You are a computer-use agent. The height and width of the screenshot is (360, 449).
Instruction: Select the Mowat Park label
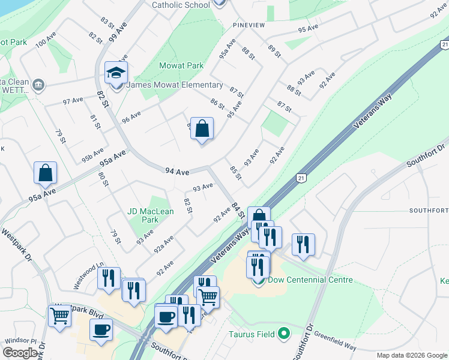pos(174,65)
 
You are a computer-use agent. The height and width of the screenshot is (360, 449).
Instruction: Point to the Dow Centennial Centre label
pos(310,280)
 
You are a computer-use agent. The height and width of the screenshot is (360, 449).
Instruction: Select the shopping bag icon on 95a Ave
pos(45,173)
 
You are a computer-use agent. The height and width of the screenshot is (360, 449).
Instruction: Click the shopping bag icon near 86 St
pos(202,128)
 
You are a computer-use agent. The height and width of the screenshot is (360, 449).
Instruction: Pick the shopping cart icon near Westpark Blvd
pos(59,316)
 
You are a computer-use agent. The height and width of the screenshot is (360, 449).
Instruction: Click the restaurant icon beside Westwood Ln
pos(109,278)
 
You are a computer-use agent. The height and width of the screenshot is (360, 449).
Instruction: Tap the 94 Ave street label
pos(178,172)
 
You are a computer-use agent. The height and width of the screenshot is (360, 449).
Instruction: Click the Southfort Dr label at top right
pos(426,154)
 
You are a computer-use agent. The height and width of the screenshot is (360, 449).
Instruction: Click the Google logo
pos(20,352)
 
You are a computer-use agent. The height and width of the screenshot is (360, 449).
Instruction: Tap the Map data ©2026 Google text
pos(411,355)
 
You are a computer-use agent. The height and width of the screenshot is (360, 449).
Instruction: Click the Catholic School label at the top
pos(181,5)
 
